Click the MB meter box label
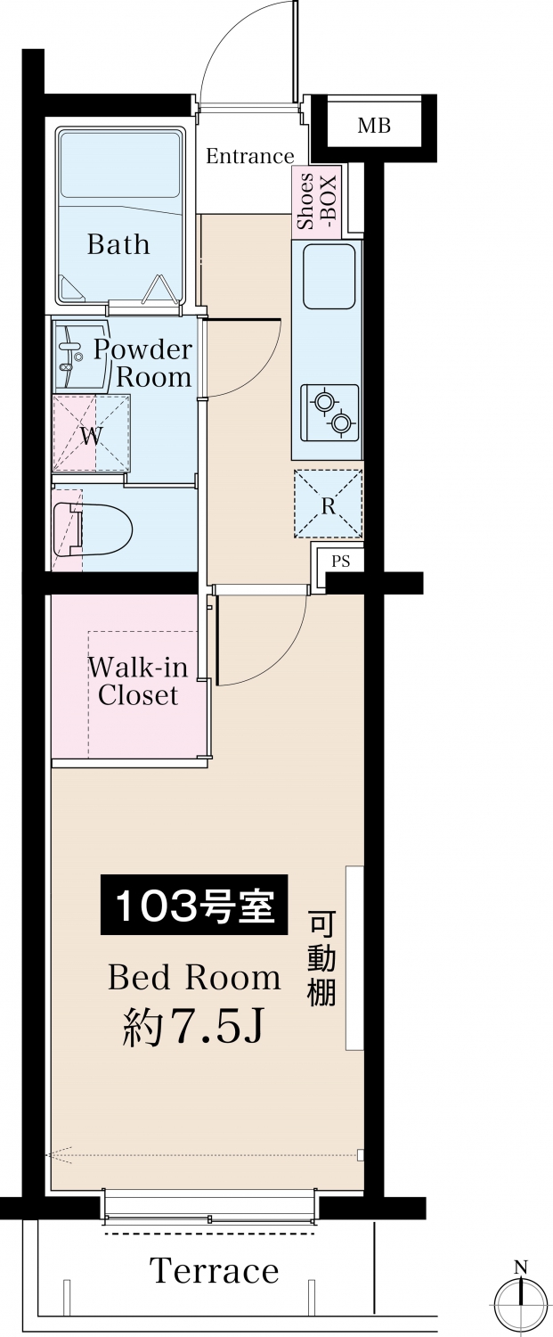pyautogui.click(x=374, y=126)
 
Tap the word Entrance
pyautogui.click(x=250, y=156)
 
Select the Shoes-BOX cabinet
pyautogui.click(x=315, y=201)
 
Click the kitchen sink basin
pyautogui.click(x=329, y=276)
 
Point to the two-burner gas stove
pyautogui.click(x=329, y=413)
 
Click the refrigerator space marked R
pyautogui.click(x=328, y=504)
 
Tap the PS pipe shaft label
pyautogui.click(x=341, y=561)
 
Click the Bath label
pyautogui.click(x=118, y=244)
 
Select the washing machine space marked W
pyautogui.click(x=91, y=435)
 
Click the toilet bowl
pyautogui.click(x=94, y=529)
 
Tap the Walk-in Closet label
pyautogui.click(x=138, y=681)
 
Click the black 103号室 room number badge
pyautogui.click(x=194, y=905)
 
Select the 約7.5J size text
pyautogui.click(x=193, y=1027)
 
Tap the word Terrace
pyautogui.click(x=214, y=1270)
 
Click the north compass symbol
pyautogui.click(x=521, y=1297)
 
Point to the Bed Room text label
pyautogui.click(x=194, y=978)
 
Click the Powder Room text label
pyautogui.click(x=143, y=364)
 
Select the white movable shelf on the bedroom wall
pyautogui.click(x=355, y=957)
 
